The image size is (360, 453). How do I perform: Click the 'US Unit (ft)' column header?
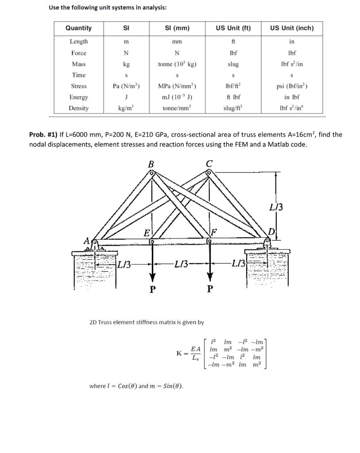click(233, 28)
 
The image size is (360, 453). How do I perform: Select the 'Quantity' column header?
click(78, 28)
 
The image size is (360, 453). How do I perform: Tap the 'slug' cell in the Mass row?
click(233, 64)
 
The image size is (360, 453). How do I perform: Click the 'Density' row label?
click(79, 108)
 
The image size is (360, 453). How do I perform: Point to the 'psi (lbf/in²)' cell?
click(291, 86)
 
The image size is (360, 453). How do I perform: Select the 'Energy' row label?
click(79, 97)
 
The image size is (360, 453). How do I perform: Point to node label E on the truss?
click(147, 233)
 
